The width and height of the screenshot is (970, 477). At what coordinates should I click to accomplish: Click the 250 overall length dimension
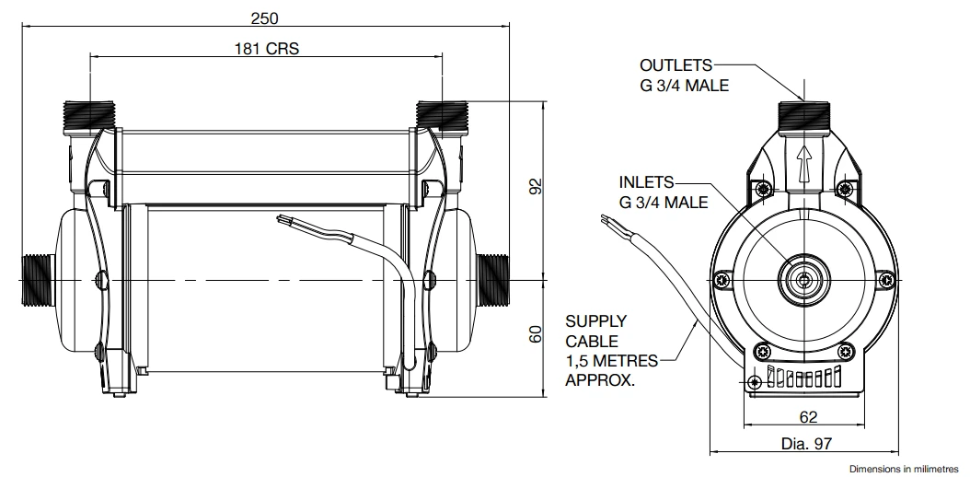coord(264,17)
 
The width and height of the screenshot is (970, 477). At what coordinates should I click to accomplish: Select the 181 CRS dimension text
coord(265,48)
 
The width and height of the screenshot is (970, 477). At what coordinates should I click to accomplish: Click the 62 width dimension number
coord(808,417)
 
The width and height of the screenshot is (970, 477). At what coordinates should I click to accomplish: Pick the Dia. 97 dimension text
coord(806,444)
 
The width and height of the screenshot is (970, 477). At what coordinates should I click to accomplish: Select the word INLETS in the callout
coord(646,182)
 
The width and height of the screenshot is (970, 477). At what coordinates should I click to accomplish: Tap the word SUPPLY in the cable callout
coord(595,321)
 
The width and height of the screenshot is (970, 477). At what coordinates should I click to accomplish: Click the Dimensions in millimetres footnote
coord(906,468)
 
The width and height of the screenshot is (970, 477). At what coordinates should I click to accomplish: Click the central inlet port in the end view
coord(803,278)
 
